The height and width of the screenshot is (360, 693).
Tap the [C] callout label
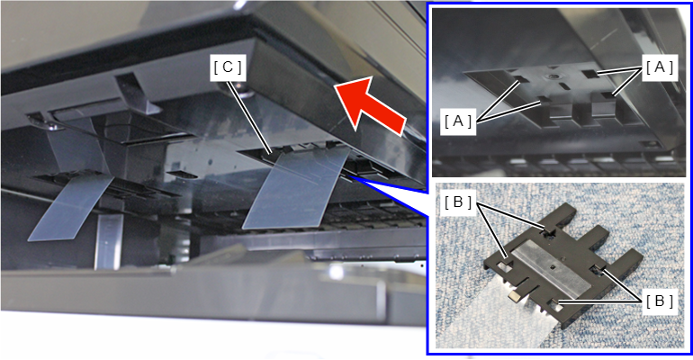pyautogui.click(x=228, y=67)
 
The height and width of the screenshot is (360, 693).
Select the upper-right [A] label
pyautogui.click(x=660, y=68)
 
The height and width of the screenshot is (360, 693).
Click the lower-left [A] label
pyautogui.click(x=458, y=121)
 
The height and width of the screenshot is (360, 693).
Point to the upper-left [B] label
pyautogui.click(x=458, y=202)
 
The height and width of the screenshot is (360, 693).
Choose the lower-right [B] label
pyautogui.click(x=660, y=301)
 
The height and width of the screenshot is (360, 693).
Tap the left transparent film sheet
pyautogui.click(x=71, y=206)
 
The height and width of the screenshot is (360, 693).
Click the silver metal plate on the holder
pyautogui.click(x=553, y=270)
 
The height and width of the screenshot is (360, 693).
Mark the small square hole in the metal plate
pyautogui.click(x=553, y=266)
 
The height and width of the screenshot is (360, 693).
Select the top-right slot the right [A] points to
pyautogui.click(x=590, y=74)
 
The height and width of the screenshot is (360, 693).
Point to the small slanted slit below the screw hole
pyautogui.click(x=563, y=85)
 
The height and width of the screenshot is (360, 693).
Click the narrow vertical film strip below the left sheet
pyautogui.click(x=108, y=241)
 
